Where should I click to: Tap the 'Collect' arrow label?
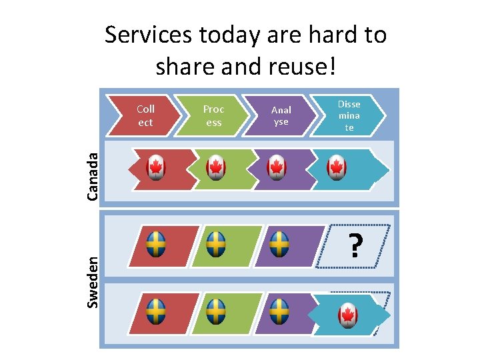[x=145, y=115]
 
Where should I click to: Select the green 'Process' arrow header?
[x=214, y=115]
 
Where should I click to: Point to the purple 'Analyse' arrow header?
[x=281, y=115]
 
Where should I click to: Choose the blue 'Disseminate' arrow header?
[x=349, y=115]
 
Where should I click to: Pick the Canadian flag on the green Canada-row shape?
[x=216, y=167]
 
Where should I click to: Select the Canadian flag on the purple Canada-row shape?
[x=277, y=167]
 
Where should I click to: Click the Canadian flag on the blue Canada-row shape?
[x=337, y=167]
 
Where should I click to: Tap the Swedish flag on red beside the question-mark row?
[x=156, y=245]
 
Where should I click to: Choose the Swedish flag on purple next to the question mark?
[x=279, y=245]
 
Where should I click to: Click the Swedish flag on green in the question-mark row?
[x=216, y=245]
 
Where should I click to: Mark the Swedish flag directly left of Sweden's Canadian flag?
[x=279, y=311]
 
